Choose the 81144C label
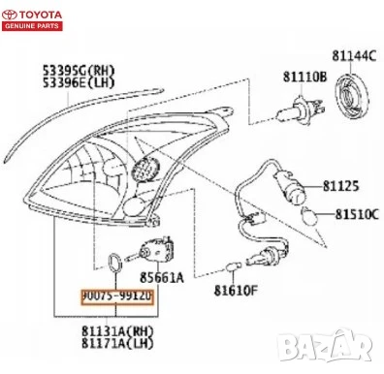353,54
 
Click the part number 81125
339,184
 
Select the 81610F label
236,289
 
